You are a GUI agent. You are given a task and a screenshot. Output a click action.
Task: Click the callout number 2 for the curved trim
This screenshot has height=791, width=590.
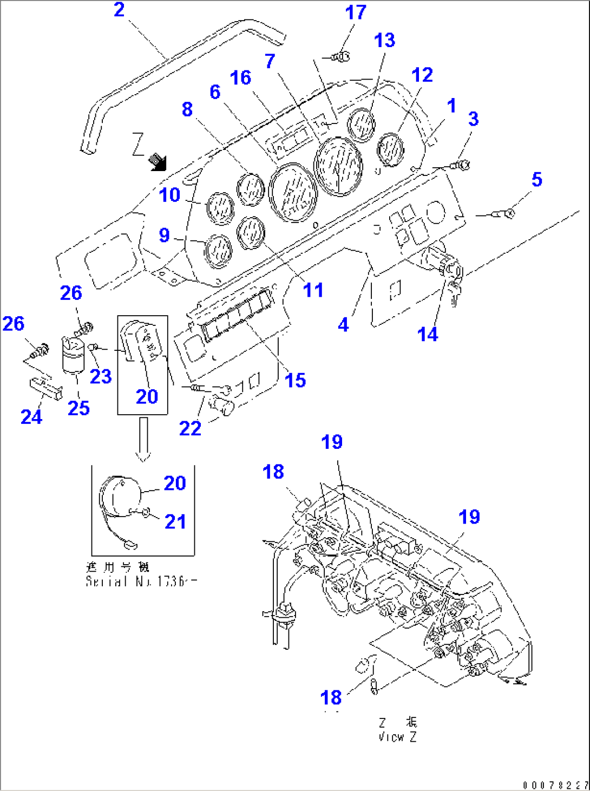click(119, 10)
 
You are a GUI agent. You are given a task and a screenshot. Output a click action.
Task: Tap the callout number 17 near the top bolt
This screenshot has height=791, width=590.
click(356, 12)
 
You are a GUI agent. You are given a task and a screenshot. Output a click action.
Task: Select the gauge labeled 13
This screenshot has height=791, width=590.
click(361, 125)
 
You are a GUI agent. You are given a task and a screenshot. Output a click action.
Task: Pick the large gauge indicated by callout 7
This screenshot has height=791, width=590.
click(338, 166)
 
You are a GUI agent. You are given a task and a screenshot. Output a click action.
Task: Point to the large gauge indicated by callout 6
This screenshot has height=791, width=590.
click(293, 193)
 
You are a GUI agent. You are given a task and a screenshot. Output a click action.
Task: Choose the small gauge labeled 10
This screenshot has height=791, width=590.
click(220, 208)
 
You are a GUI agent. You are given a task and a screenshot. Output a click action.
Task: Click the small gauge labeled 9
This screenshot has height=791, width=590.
click(218, 251)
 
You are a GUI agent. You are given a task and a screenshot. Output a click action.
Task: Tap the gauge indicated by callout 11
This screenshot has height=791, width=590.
click(251, 232)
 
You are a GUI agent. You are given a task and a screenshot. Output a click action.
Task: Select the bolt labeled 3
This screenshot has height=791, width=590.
click(461, 164)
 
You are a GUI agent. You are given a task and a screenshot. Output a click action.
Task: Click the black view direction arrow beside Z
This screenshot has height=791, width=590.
click(159, 161)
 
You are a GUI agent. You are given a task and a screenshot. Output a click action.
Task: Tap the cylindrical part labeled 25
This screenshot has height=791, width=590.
click(73, 355)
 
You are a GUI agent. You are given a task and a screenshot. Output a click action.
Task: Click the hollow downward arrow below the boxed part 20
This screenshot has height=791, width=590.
click(143, 439)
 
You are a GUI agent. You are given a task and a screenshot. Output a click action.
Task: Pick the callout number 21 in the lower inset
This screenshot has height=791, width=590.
click(175, 521)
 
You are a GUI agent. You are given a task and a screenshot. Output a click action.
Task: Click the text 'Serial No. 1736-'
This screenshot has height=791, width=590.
click(141, 581)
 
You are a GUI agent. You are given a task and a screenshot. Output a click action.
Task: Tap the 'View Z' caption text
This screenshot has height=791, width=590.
click(398, 737)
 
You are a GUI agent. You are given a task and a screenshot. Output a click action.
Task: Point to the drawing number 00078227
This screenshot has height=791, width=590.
click(555, 785)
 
